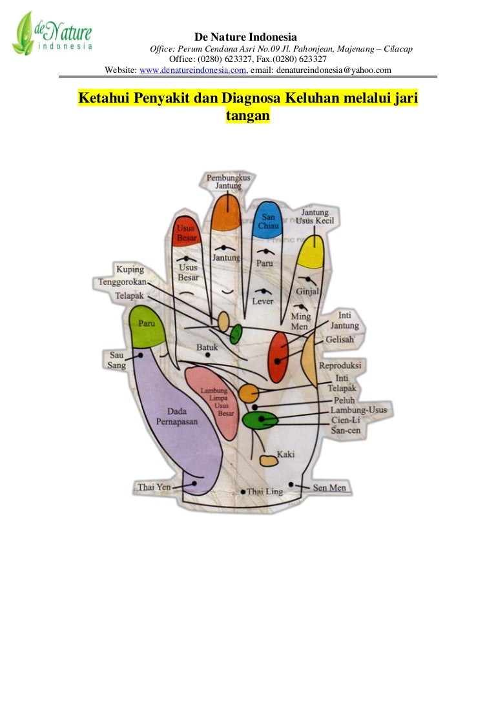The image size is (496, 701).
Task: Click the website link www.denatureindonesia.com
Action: tap(193, 70)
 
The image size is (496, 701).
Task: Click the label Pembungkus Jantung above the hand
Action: tap(228, 181)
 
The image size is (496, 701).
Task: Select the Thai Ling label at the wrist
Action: tap(265, 492)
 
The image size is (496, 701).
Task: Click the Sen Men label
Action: tap(329, 487)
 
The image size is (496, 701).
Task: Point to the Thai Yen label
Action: tap(154, 487)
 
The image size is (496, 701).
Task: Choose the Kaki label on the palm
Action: tap(285, 454)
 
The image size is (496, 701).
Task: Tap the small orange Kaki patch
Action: tap(268, 460)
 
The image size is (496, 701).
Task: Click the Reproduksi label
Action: tap(340, 365)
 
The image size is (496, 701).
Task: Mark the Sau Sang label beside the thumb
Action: tap(116, 360)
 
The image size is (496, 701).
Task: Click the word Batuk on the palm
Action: tap(207, 348)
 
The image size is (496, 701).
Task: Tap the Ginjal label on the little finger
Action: tap(307, 292)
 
